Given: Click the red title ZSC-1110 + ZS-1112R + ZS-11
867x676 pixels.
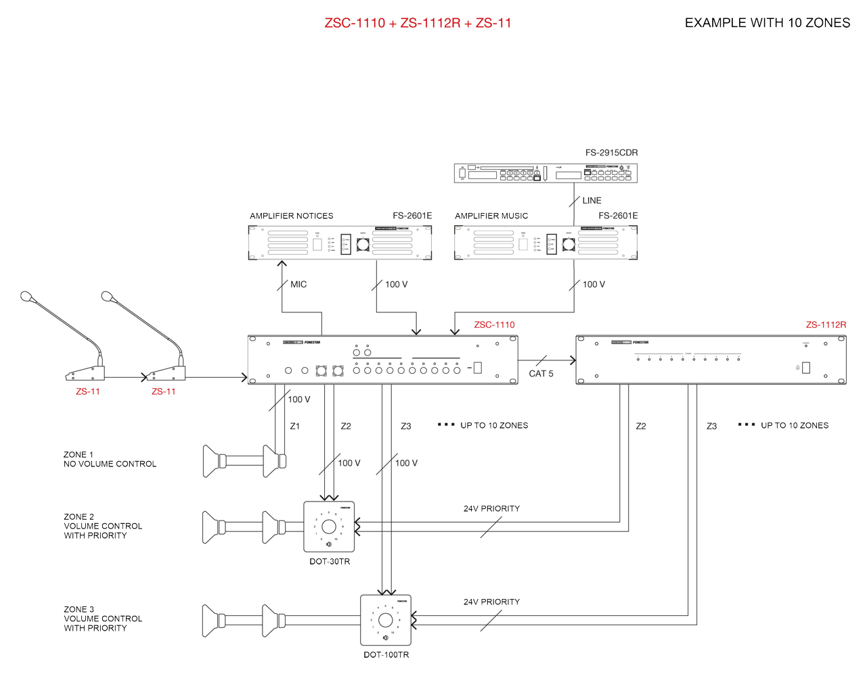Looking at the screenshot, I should pyautogui.click(x=418, y=23).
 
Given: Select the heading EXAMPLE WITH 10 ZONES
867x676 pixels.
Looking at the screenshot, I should pyautogui.click(x=767, y=23).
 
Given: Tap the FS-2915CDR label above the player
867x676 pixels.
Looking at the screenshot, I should pyautogui.click(x=611, y=153).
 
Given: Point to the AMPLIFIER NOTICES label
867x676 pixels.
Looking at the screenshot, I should pyautogui.click(x=291, y=216).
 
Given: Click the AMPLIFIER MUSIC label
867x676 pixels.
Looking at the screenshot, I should pyautogui.click(x=491, y=216).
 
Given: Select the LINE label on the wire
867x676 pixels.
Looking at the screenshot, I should pyautogui.click(x=592, y=201).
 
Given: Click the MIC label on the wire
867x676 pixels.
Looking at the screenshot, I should pyautogui.click(x=298, y=285).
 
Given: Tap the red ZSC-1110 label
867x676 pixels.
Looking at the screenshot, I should pyautogui.click(x=494, y=325).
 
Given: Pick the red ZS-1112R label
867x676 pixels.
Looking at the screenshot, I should pyautogui.click(x=826, y=325).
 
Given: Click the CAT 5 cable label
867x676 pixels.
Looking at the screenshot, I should pyautogui.click(x=541, y=374).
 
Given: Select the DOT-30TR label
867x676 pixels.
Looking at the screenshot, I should pyautogui.click(x=330, y=562).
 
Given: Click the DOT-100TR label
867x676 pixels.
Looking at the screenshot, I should pyautogui.click(x=386, y=655).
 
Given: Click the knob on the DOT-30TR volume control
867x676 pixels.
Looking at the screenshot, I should pyautogui.click(x=329, y=527).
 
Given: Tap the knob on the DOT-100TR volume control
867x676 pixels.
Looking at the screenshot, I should pyautogui.click(x=386, y=620).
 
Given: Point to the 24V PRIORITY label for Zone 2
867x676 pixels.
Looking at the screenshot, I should pyautogui.click(x=491, y=509).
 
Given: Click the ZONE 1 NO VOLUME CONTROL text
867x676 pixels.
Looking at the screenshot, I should pyautogui.click(x=110, y=460).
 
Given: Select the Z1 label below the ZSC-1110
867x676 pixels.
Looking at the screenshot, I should pyautogui.click(x=295, y=427).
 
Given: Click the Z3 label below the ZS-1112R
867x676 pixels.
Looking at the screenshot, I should pyautogui.click(x=711, y=427).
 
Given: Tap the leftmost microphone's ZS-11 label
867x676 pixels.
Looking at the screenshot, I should pyautogui.click(x=88, y=392).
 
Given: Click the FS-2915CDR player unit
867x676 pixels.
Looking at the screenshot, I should pyautogui.click(x=546, y=173).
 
